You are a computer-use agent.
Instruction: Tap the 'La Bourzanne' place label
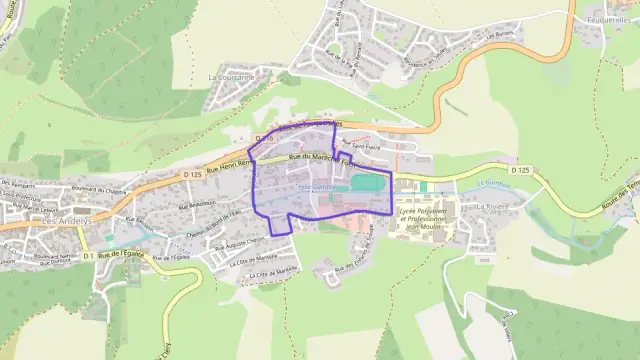pos(232,76)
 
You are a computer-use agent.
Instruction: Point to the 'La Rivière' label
pos(494,205)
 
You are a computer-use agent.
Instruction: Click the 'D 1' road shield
pos(89,256)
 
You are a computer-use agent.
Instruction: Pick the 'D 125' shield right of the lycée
pos(519,171)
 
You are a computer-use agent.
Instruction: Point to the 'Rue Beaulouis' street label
pos(197,203)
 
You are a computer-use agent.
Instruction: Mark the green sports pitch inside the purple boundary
pos(366,184)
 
